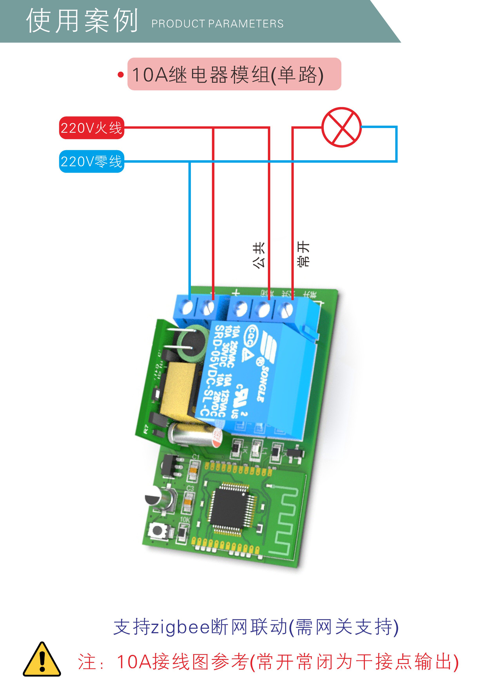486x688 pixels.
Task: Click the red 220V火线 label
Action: (91, 128)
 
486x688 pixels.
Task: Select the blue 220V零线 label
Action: (91, 162)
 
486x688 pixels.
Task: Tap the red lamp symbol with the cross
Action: (341, 127)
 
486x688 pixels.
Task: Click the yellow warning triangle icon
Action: (42, 660)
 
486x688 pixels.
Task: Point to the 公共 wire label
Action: (258, 255)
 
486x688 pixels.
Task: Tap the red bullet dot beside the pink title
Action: (121, 75)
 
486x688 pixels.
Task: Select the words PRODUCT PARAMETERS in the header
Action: (217, 24)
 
